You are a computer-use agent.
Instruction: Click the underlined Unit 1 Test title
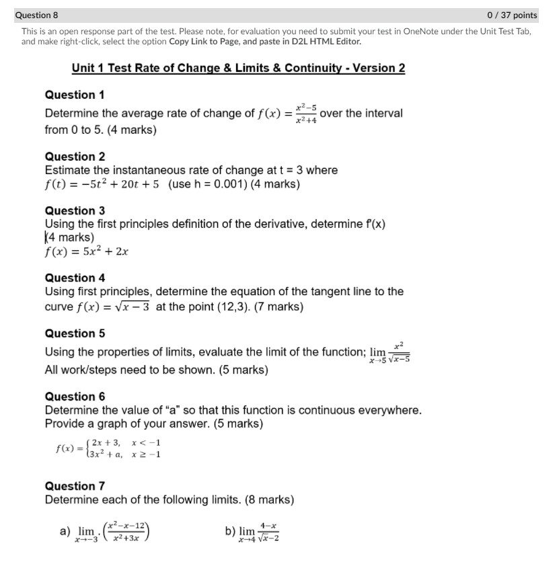point(238,69)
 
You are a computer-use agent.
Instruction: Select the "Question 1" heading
point(74,95)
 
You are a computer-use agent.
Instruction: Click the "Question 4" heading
point(74,278)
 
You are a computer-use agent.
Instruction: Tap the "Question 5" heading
point(74,333)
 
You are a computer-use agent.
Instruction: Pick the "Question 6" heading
point(74,397)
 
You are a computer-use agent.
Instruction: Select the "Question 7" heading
point(74,486)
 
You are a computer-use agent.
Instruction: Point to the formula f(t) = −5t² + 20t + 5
point(102,184)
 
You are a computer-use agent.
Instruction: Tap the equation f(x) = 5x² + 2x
point(86,252)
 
